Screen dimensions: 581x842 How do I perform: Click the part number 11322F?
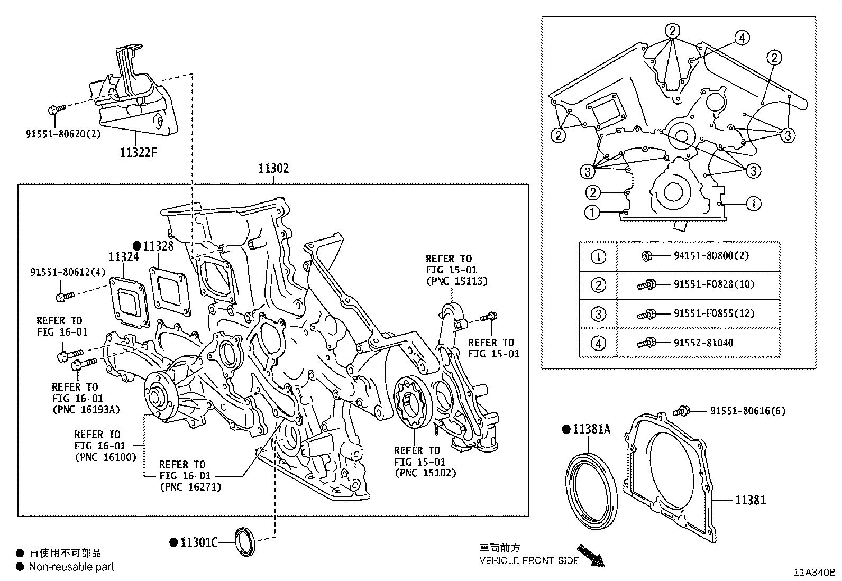(139, 153)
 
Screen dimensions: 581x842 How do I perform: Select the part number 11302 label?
(273, 169)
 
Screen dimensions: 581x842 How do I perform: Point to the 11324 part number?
(123, 257)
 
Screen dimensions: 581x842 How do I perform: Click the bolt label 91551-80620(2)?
(63, 134)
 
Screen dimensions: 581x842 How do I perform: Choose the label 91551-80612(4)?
(68, 272)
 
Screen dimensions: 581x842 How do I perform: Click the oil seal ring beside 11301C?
(245, 542)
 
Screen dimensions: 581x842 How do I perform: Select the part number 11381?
(750, 499)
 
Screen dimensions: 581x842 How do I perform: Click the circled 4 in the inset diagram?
(742, 38)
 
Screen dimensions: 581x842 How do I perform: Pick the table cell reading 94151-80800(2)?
(711, 256)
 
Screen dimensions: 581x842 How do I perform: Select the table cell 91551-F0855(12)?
(713, 313)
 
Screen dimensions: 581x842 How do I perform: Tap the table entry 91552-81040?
(703, 343)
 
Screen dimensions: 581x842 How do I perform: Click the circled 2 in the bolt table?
(598, 285)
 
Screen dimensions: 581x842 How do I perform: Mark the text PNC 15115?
(457, 281)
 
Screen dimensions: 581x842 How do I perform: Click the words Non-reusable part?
(71, 567)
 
